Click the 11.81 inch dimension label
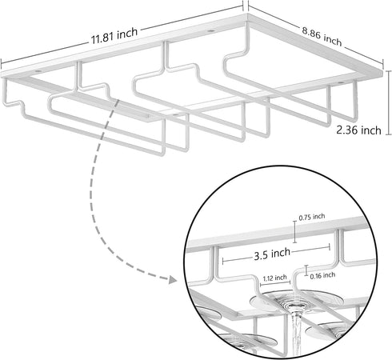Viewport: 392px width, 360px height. tap(114, 36)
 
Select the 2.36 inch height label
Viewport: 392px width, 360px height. tap(358, 130)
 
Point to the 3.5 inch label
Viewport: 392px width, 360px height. tap(272, 254)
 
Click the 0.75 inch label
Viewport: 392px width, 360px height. tap(312, 217)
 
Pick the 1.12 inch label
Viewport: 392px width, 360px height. tap(274, 278)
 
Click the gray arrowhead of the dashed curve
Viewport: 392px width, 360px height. tap(173, 280)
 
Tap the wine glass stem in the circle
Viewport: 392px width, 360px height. tap(297, 333)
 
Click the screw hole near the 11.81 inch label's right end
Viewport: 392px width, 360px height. tap(210, 31)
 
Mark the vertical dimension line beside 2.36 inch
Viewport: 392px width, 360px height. tap(389, 102)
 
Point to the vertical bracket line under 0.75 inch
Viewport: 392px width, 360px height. tap(294, 232)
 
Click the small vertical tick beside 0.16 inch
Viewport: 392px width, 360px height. tap(306, 270)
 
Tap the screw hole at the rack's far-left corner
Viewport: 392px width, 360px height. tap(38, 71)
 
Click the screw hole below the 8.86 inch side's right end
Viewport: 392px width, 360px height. tap(341, 83)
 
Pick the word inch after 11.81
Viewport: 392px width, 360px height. tap(127, 33)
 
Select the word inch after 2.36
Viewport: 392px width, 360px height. tap(371, 130)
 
